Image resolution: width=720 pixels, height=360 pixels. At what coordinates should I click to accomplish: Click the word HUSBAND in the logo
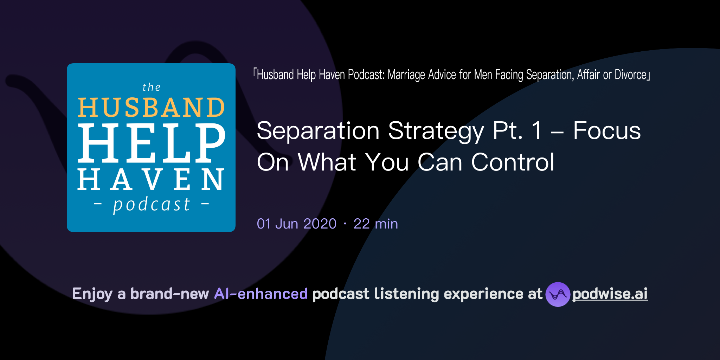(x=151, y=107)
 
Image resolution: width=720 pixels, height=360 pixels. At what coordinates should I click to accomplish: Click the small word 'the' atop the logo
(x=152, y=87)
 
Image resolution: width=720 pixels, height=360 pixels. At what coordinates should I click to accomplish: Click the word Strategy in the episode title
(x=436, y=131)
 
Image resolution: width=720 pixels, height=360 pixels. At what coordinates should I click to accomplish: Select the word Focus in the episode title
(x=607, y=131)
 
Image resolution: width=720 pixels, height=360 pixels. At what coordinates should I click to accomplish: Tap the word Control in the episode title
(x=513, y=162)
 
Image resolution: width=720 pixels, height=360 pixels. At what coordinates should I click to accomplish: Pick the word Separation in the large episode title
(x=318, y=131)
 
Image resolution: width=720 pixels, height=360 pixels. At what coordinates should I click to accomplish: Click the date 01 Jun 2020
(x=297, y=224)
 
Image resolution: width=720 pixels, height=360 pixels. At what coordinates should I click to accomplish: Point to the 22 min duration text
(x=375, y=224)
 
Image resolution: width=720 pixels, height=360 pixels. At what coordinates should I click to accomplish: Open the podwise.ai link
(x=610, y=294)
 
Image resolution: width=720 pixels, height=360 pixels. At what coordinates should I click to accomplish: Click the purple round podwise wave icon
(x=558, y=294)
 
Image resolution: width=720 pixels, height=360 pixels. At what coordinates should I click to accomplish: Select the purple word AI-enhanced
(x=261, y=294)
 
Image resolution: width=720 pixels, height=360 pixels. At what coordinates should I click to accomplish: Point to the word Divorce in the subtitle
(x=631, y=75)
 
